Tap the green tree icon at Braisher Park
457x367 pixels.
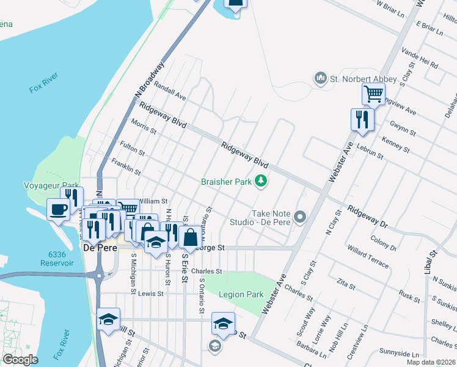pyautogui.click(x=261, y=180)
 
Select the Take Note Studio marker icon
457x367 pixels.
pyautogui.click(x=300, y=217)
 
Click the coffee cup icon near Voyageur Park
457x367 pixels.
pyautogui.click(x=59, y=209)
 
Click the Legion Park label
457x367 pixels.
pyautogui.click(x=241, y=295)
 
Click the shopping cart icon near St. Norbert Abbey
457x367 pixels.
pyautogui.click(x=373, y=94)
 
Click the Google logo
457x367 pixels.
pyautogui.click(x=20, y=360)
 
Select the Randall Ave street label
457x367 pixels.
pyautogui.click(x=170, y=92)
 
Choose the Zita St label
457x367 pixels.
pyautogui.click(x=346, y=283)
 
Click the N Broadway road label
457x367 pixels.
pyautogui.click(x=150, y=80)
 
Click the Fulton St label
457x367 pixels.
pyautogui.click(x=132, y=147)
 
